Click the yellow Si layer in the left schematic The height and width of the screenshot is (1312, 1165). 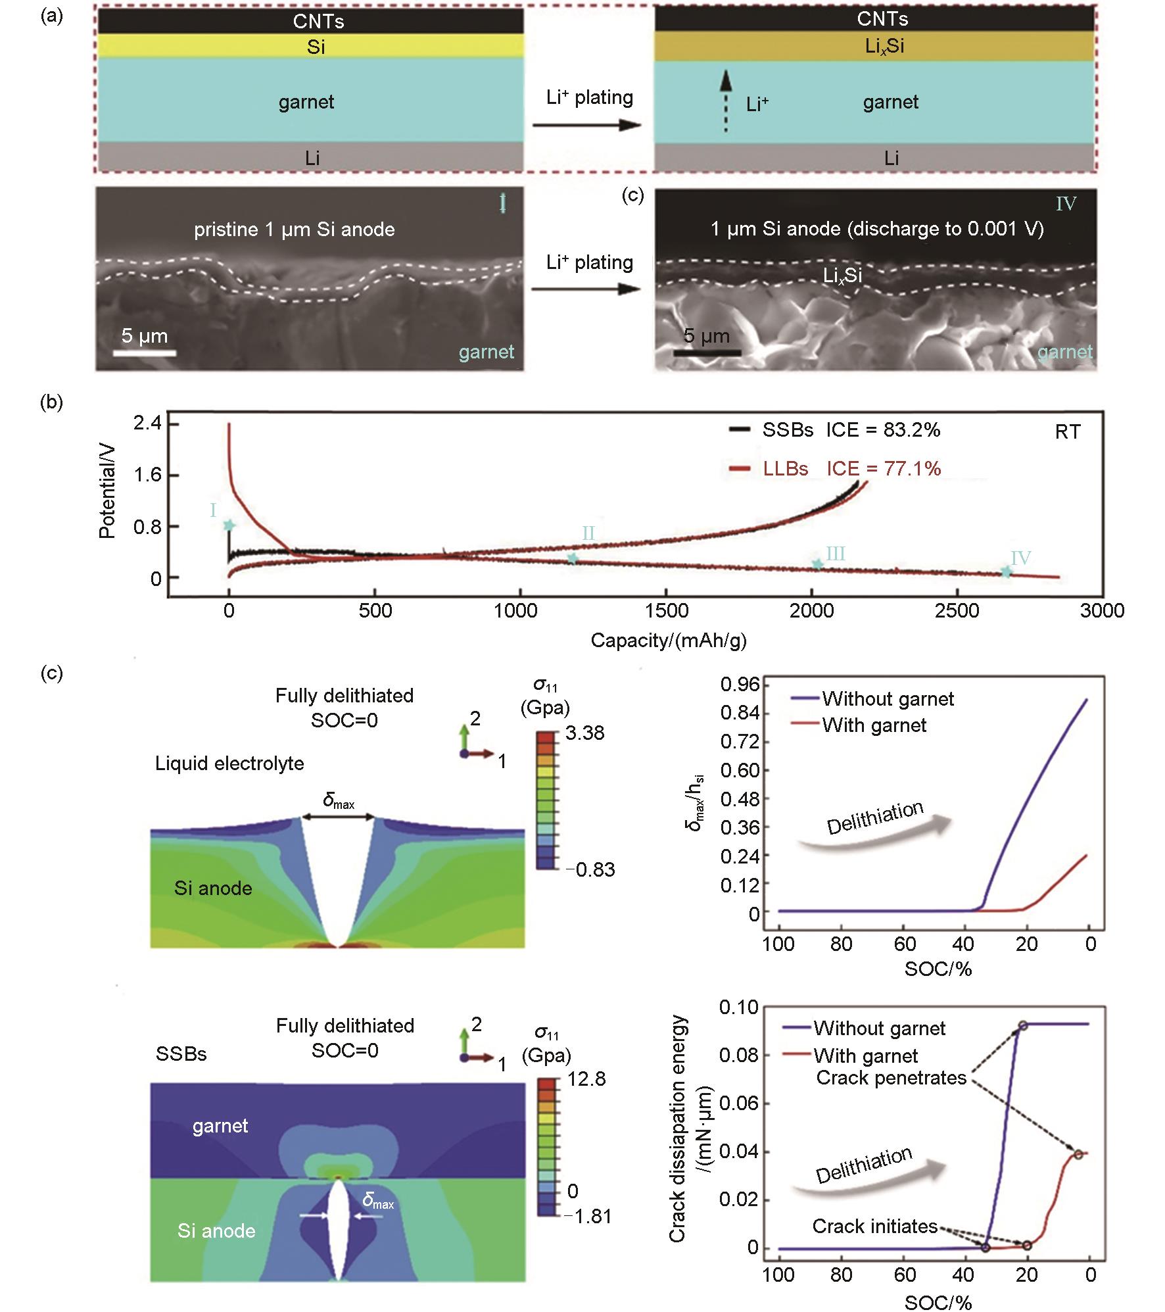310,47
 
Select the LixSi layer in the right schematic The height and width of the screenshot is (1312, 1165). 874,47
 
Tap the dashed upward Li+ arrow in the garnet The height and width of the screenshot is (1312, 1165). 725,102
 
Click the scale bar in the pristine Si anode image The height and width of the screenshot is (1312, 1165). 144,353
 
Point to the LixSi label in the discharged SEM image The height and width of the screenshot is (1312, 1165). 842,276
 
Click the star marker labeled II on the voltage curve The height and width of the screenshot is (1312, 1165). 573,558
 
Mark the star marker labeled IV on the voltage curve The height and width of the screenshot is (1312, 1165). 1006,572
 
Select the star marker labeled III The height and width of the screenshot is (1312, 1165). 817,564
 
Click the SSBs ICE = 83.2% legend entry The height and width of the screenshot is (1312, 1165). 835,430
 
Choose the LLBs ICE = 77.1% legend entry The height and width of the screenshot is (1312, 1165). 835,468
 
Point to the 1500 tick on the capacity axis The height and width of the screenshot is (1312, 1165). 666,610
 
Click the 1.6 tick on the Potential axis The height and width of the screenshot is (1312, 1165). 147,475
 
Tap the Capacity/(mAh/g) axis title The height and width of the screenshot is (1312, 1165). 668,640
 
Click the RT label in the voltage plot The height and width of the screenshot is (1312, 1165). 1067,432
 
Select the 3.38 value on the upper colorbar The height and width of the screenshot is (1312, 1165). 584,733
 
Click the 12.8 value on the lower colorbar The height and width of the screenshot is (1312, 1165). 586,1079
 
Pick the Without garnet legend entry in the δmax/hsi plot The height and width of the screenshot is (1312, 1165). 874,698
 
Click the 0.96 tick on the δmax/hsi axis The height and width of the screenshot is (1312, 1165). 740,685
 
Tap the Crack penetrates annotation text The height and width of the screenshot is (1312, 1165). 891,1078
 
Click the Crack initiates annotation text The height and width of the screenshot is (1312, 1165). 874,1226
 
